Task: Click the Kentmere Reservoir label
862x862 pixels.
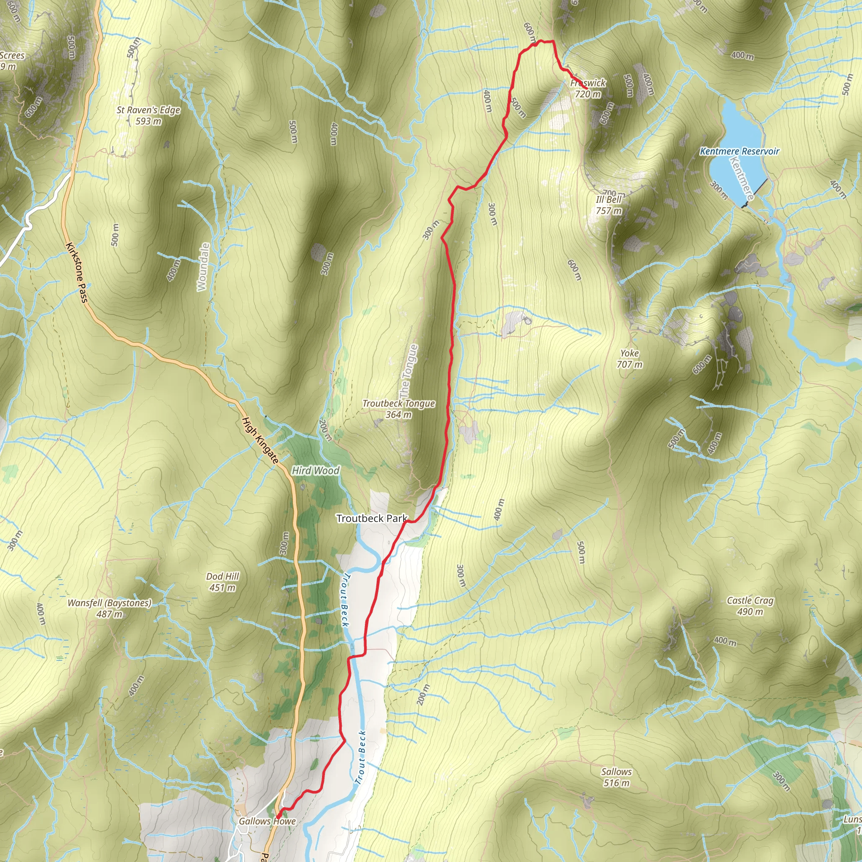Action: [739, 151]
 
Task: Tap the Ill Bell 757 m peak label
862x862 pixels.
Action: [609, 205]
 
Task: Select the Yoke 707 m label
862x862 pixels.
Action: [630, 359]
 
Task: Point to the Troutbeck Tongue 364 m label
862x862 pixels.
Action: [399, 409]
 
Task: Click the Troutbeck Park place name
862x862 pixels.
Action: [371, 519]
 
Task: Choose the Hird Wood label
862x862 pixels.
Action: [315, 471]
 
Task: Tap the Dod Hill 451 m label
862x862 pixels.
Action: [223, 582]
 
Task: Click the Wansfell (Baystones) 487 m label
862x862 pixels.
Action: [109, 608]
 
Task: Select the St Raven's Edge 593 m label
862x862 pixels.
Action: [148, 115]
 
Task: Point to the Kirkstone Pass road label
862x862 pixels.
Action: [76, 273]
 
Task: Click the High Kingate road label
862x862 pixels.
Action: [260, 440]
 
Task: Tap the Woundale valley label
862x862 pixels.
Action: [203, 267]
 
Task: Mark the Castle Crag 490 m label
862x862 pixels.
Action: [750, 605]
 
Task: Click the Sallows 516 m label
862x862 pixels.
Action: [616, 777]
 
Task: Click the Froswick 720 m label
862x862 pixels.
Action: [588, 88]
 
